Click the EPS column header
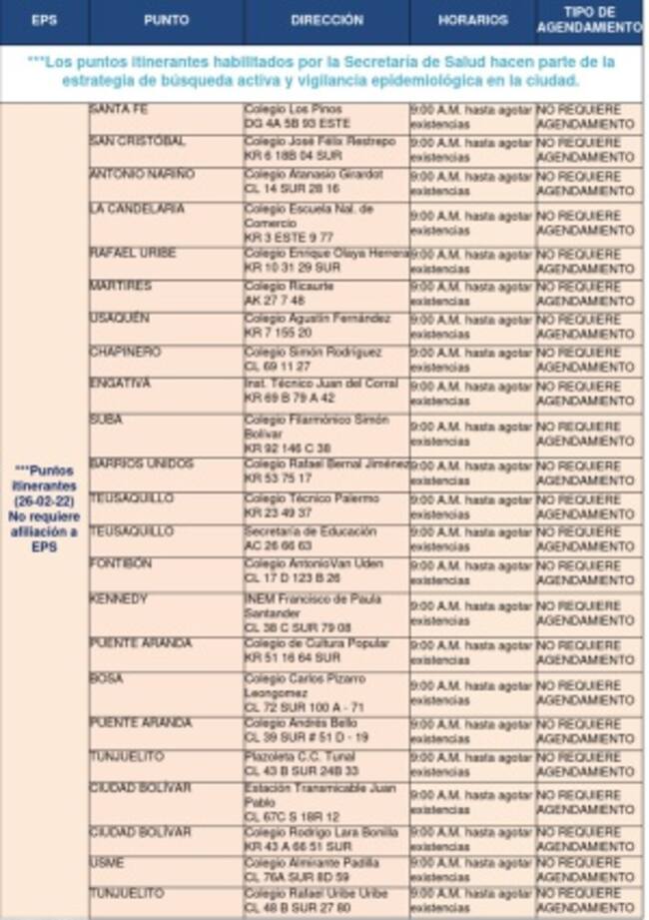point(44,20)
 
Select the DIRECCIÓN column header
point(326,20)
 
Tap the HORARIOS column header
point(472,20)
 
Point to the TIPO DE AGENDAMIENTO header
point(589,21)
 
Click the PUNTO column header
point(166,20)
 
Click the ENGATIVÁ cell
point(120,384)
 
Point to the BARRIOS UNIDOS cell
point(141,463)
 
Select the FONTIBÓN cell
point(121,564)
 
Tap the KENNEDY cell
point(119,599)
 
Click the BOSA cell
point(107,678)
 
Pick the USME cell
point(107,862)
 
